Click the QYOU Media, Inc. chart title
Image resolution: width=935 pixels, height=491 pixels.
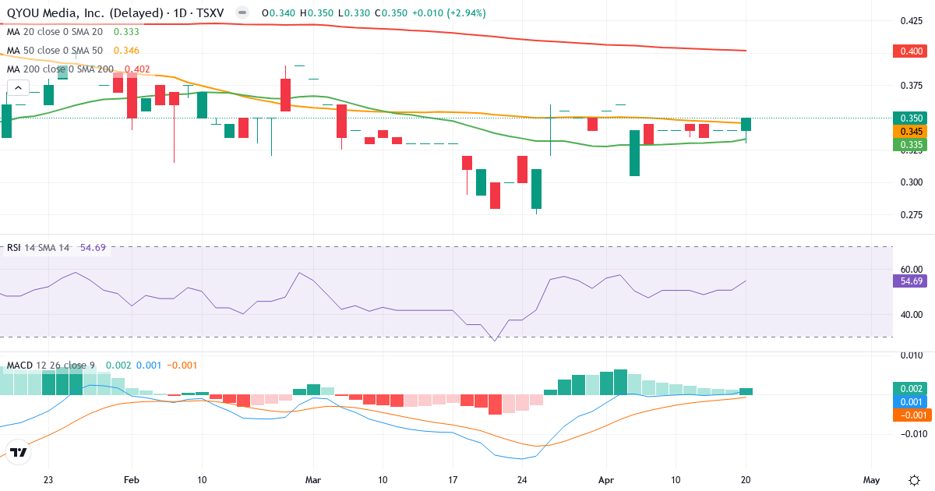pyautogui.click(x=117, y=13)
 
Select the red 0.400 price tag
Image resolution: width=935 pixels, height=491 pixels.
pyautogui.click(x=908, y=51)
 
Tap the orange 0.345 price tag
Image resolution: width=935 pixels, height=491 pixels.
pyautogui.click(x=908, y=132)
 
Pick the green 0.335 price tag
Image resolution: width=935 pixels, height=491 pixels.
pyautogui.click(x=908, y=145)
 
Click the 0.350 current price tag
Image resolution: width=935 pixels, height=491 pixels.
pyautogui.click(x=908, y=118)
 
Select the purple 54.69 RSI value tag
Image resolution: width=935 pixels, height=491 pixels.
pyautogui.click(x=909, y=281)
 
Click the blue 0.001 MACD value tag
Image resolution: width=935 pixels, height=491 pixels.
pyautogui.click(x=909, y=401)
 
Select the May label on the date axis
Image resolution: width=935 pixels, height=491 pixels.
pyautogui.click(x=871, y=480)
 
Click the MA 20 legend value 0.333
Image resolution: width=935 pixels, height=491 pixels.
pyautogui.click(x=126, y=32)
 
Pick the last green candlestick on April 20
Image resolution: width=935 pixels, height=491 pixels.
pyautogui.click(x=746, y=125)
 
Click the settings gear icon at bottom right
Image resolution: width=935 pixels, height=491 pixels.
pyautogui.click(x=914, y=480)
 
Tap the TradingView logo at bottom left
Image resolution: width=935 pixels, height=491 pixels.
pyautogui.click(x=19, y=451)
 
